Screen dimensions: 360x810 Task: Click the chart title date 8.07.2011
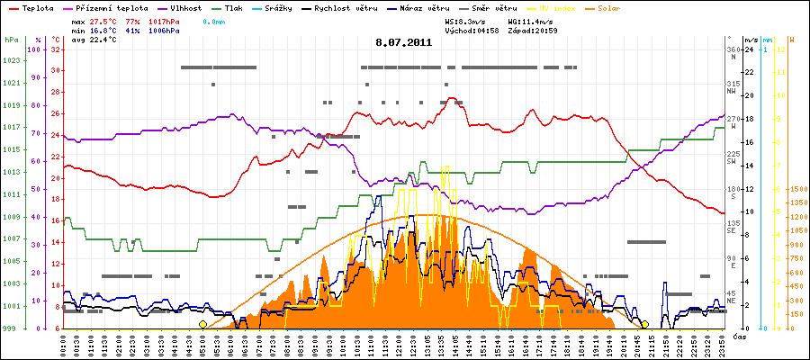(x=404, y=41)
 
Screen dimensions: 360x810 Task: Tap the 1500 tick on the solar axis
(x=797, y=190)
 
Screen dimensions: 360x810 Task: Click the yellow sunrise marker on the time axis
(x=202, y=324)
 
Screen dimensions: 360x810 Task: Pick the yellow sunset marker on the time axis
(x=645, y=324)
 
